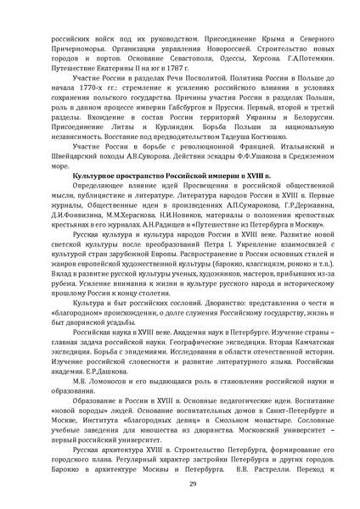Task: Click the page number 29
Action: coord(180,482)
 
